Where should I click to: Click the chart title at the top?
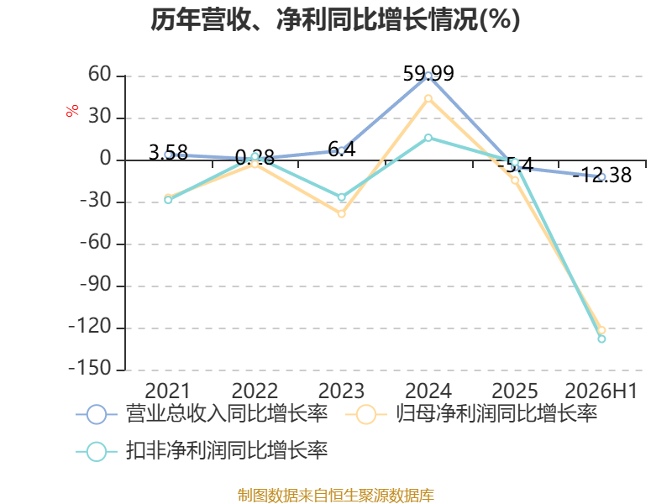click(x=335, y=19)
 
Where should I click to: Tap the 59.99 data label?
click(x=428, y=73)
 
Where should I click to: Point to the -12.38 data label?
click(x=602, y=176)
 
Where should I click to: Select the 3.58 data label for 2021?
click(x=168, y=153)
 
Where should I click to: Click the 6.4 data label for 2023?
click(x=342, y=150)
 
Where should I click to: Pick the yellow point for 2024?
click(x=428, y=98)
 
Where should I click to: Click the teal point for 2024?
click(x=428, y=138)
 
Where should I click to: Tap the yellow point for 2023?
click(x=342, y=213)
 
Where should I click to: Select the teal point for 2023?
click(x=342, y=197)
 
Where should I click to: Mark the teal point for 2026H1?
click(x=601, y=339)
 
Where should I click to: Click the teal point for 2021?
click(x=168, y=200)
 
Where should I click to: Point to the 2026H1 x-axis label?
click(x=601, y=391)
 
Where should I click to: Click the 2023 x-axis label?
click(x=342, y=391)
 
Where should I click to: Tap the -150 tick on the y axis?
click(x=90, y=368)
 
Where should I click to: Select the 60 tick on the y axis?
click(x=100, y=75)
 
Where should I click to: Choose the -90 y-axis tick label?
click(x=96, y=284)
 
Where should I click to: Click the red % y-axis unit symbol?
click(x=72, y=111)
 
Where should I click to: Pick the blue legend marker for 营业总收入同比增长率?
click(x=97, y=414)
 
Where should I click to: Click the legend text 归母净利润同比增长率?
click(x=496, y=414)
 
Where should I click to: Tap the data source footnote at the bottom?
click(x=335, y=496)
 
